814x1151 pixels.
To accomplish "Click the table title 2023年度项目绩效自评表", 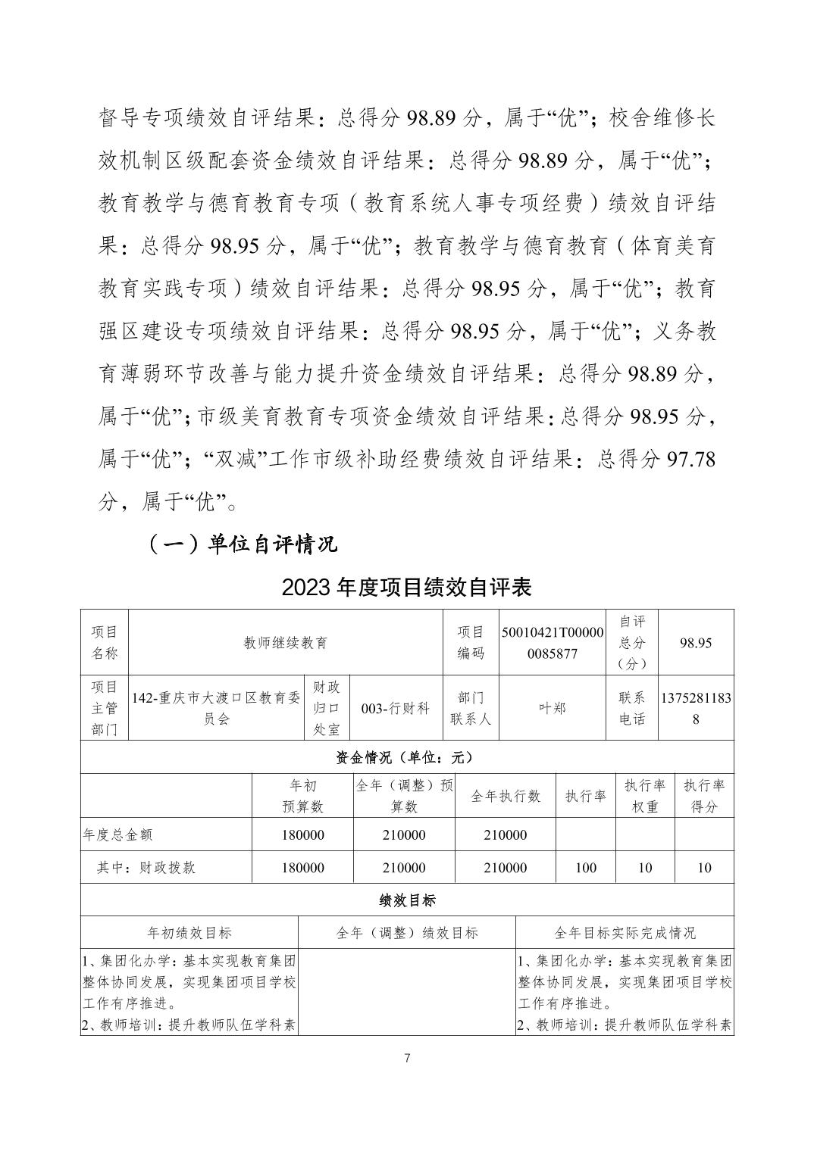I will click(x=407, y=587).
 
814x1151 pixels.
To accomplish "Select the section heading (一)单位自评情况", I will click(x=241, y=544).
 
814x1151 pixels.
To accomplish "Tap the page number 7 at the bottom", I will click(x=408, y=1058).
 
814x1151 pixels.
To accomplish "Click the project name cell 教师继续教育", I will click(x=285, y=642).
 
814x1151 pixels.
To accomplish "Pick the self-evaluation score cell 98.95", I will click(x=696, y=642).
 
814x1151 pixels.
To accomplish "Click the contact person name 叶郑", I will click(x=553, y=708).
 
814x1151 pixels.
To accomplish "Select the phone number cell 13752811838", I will click(x=696, y=708).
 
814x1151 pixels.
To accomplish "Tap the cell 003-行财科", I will click(x=395, y=708).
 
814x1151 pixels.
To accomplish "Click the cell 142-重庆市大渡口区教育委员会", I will click(x=216, y=708).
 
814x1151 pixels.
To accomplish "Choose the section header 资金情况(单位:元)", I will click(x=407, y=756).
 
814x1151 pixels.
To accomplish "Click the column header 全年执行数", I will click(x=506, y=796).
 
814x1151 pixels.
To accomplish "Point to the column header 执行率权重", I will click(x=644, y=796).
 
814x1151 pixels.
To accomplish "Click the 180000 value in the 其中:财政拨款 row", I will click(x=302, y=868).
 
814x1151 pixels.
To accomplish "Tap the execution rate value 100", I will click(x=585, y=868).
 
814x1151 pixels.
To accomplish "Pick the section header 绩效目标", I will click(x=407, y=900).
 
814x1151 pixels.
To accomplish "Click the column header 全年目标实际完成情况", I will click(x=625, y=933).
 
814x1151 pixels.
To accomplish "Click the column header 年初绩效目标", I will click(x=189, y=933).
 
